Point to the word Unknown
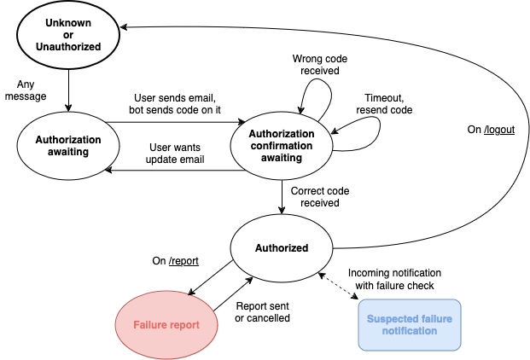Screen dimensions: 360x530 point(68,23)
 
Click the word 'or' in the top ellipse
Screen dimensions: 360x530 point(68,35)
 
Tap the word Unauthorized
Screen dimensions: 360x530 point(68,47)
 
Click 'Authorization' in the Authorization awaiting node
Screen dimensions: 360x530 point(68,140)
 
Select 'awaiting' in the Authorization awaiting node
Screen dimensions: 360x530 point(68,152)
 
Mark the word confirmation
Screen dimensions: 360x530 point(282,146)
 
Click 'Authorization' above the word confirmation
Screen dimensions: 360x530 point(282,134)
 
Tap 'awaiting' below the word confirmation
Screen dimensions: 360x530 point(282,158)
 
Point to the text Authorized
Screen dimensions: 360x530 point(282,248)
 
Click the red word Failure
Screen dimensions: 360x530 point(152,325)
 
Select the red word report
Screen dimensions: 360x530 point(185,325)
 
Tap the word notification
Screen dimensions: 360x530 point(410,331)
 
